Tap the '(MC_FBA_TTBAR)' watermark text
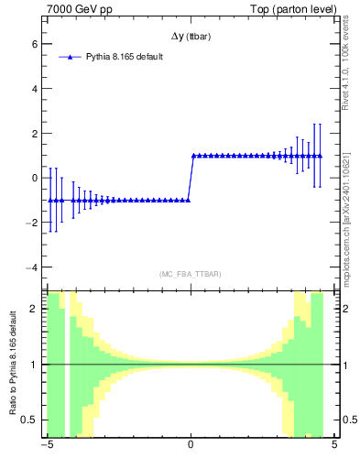pyautogui.click(x=191, y=274)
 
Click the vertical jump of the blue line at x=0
pyautogui.click(x=191, y=178)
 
